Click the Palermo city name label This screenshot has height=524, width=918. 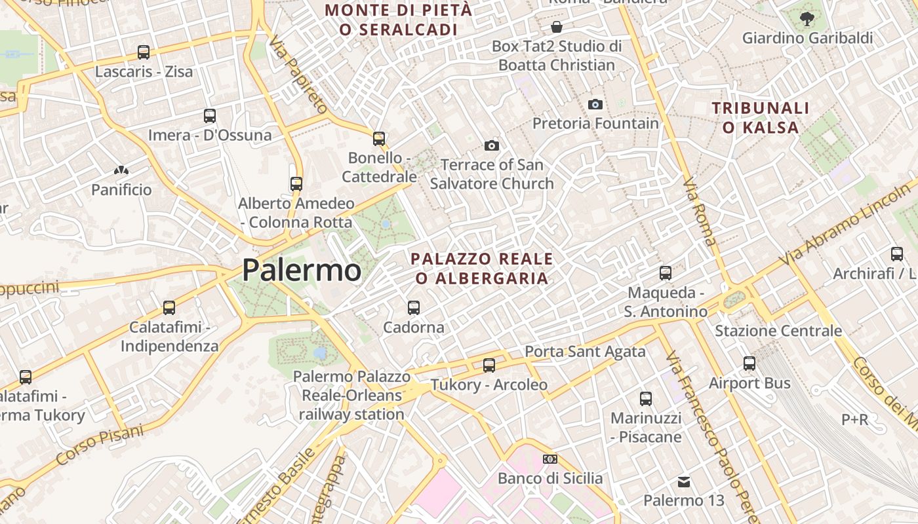(302, 270)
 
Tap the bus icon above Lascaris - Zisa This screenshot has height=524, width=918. (144, 52)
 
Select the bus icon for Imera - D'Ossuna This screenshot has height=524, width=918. (210, 116)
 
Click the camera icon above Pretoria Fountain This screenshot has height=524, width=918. (595, 104)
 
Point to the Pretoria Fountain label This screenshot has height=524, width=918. (595, 123)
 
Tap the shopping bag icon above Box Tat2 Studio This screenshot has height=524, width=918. (557, 27)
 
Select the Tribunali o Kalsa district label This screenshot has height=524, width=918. (761, 117)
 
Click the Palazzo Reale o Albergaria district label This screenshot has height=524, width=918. (482, 269)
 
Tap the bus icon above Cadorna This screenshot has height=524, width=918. (414, 307)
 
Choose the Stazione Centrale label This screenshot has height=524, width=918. (778, 331)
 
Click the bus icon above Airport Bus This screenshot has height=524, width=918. (749, 363)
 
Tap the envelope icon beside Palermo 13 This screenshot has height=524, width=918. (684, 482)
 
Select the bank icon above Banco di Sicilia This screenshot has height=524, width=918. (550, 459)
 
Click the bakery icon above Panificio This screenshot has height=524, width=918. (121, 171)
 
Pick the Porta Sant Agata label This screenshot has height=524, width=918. (585, 352)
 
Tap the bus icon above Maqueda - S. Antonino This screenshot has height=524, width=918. (666, 272)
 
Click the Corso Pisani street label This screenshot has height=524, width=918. (100, 445)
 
